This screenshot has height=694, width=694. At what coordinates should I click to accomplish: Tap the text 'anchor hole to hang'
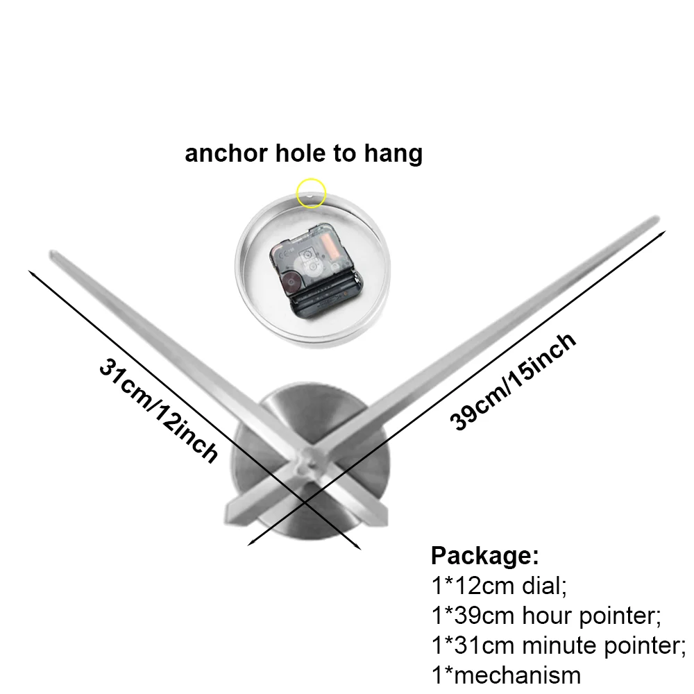coord(303,153)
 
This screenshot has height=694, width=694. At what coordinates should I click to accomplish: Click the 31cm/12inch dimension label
coord(158,409)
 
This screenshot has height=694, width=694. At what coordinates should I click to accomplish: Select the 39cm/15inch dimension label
coord(514,381)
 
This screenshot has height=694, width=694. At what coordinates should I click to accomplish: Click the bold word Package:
coord(484,555)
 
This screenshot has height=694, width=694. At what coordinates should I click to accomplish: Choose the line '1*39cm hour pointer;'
coord(545,615)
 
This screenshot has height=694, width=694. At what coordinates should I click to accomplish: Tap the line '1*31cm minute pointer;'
coord(558,645)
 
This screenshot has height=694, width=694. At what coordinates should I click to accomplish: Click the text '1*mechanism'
coord(505,674)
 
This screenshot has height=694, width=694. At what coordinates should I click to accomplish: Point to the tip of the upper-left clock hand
coord(56,255)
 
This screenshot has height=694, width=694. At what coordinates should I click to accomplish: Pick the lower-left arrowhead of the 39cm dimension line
coord(250,545)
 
